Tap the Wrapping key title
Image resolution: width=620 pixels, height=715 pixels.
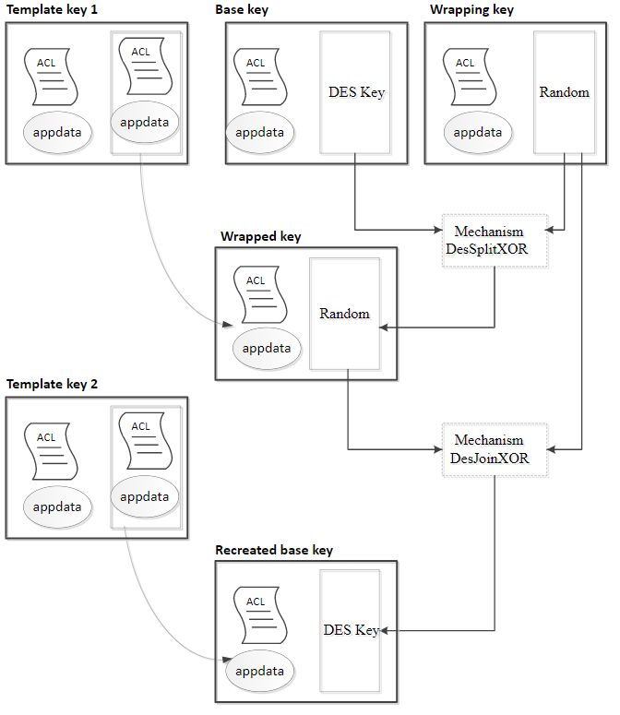(471, 10)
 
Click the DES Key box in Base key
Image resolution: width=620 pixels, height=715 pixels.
(355, 92)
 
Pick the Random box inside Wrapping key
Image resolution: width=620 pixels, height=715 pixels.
(563, 92)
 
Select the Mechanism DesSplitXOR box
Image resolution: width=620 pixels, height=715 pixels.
(495, 241)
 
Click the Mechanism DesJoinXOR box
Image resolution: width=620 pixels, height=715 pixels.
(495, 449)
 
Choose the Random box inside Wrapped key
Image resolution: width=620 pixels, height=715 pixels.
(345, 314)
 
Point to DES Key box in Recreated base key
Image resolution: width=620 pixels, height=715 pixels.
(351, 631)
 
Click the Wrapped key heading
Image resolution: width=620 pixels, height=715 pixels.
(260, 237)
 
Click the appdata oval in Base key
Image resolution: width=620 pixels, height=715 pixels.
(259, 133)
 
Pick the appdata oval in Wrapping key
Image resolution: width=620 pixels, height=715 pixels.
(477, 133)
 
